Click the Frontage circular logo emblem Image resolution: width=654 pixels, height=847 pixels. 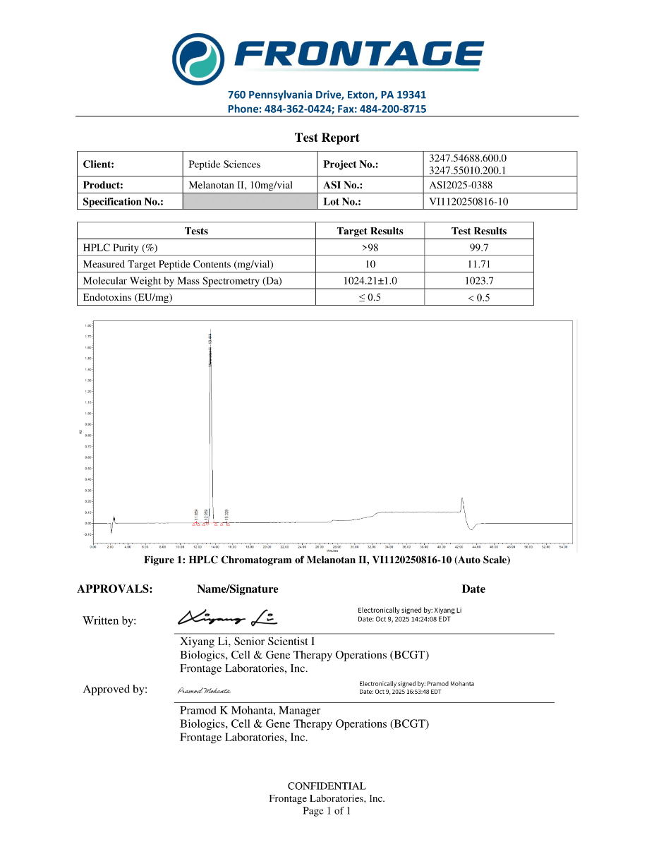tap(199, 56)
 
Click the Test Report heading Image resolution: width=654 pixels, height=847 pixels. tap(327, 138)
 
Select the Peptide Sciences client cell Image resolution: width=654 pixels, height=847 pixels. tap(224, 164)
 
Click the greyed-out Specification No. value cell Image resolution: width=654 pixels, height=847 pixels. tap(250, 202)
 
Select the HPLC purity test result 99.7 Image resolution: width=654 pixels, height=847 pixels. tap(478, 248)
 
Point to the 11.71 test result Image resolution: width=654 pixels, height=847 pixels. tap(478, 264)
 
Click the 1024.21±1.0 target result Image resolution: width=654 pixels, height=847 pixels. tap(370, 281)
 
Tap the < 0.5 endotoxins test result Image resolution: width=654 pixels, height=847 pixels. tap(478, 297)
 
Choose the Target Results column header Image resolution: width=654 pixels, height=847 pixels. tap(370, 231)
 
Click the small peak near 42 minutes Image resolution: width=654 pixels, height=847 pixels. tap(461, 503)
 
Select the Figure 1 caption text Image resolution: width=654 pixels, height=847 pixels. tap(327, 560)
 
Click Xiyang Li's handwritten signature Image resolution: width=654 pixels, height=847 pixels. tap(227, 618)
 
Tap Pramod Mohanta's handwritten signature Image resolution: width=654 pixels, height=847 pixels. tap(204, 690)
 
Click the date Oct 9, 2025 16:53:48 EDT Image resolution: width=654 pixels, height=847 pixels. tap(400, 692)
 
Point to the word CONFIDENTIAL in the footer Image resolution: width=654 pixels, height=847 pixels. tap(327, 786)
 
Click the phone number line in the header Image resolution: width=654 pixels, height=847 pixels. tap(327, 109)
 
